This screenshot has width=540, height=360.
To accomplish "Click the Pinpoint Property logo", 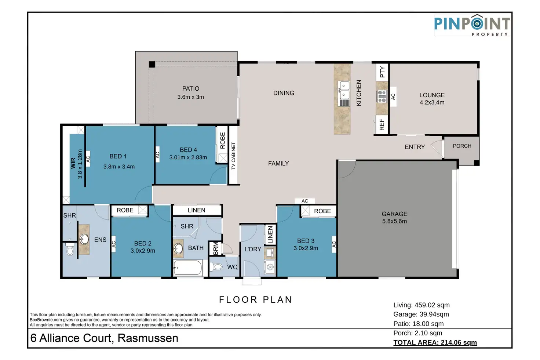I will pos(472,25).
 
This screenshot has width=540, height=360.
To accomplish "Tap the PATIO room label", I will pos(191,89).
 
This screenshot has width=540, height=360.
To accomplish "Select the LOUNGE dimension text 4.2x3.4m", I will pos(432,103).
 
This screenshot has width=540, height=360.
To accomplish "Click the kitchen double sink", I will pos(344,90).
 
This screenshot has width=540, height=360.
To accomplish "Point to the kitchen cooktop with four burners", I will pos(382,96).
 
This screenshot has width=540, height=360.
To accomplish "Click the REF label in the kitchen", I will pos(382,125).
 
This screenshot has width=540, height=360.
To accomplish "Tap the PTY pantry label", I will pos(382,72).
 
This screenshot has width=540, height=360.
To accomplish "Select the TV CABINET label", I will pos(233,156).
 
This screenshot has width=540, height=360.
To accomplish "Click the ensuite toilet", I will pos(69,250).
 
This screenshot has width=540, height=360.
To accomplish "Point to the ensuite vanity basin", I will pos(84,239).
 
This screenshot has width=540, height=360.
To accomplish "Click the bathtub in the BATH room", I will pos(187,268).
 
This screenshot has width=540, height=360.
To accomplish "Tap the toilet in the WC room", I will pos(217,267).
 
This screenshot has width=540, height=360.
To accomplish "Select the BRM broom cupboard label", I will pos(215,248).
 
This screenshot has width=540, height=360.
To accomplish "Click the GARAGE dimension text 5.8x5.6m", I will pos(394,221).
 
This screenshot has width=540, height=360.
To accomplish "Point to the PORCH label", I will pos(462,146).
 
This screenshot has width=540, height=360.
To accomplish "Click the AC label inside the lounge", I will pos(393,97).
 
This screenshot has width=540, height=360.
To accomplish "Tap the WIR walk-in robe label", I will pos(73,163).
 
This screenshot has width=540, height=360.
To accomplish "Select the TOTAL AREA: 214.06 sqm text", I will pos(435,342).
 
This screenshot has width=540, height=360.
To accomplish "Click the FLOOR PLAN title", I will pos(255,300).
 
